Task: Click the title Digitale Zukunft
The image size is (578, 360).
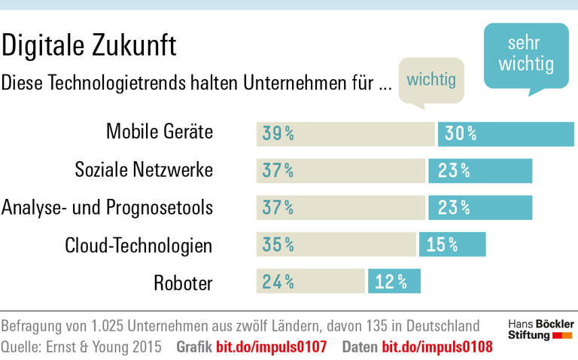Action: (x=89, y=46)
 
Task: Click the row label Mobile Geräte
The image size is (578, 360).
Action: (x=160, y=133)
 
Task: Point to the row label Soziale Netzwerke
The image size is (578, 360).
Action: (x=144, y=170)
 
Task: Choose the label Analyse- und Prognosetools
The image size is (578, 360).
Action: (x=108, y=206)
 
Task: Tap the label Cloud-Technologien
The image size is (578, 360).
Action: (x=138, y=244)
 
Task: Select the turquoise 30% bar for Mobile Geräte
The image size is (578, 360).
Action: (x=505, y=133)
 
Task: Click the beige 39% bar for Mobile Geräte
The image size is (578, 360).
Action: (x=345, y=133)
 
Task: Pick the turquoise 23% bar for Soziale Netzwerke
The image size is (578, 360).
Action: (x=480, y=170)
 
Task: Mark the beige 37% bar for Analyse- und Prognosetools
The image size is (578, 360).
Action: (x=341, y=207)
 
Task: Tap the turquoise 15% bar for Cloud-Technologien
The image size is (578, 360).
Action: (x=452, y=244)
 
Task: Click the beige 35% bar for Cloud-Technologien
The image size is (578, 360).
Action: (x=336, y=244)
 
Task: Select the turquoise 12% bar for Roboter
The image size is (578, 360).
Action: (x=394, y=282)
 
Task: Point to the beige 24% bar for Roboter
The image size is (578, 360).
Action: (x=310, y=282)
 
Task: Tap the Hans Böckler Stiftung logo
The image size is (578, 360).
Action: (x=540, y=329)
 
